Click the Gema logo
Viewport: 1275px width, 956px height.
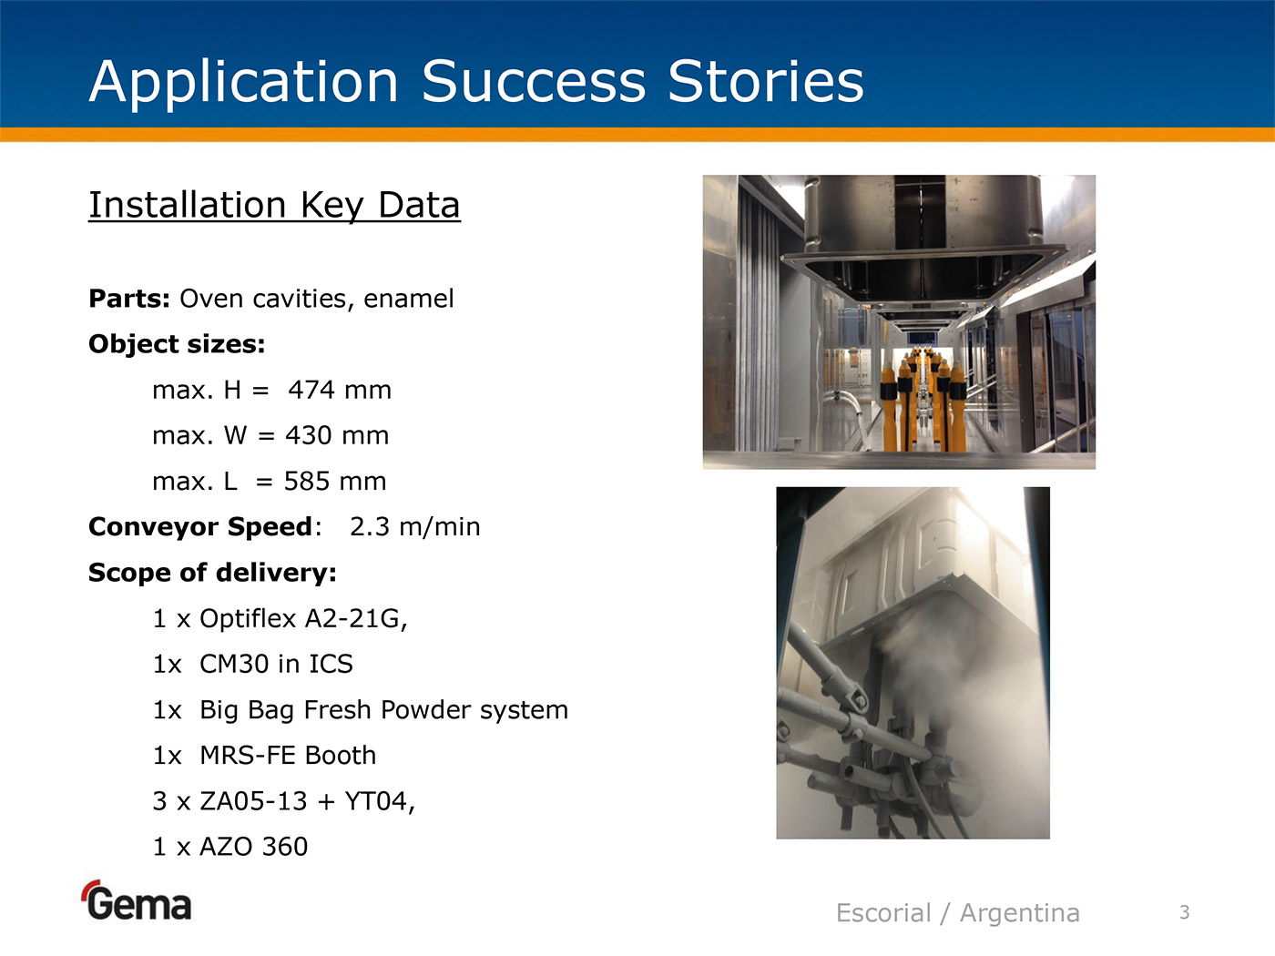(137, 900)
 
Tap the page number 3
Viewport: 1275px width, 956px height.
(1185, 912)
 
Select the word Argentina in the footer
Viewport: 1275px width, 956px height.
(1019, 913)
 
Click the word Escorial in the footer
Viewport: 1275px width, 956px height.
(883, 912)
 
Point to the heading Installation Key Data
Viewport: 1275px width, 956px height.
(274, 206)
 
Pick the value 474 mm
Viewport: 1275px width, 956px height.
(340, 390)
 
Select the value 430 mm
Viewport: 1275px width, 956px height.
(337, 435)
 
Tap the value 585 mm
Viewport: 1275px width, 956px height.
(335, 482)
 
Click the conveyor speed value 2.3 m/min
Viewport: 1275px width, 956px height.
(414, 527)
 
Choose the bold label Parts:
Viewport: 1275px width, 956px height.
(129, 299)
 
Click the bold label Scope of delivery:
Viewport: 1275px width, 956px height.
(212, 573)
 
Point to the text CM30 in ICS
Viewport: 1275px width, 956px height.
(276, 664)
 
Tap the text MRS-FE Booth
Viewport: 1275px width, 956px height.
(288, 756)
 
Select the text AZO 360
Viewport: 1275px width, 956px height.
(253, 847)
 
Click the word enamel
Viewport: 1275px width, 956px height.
(408, 299)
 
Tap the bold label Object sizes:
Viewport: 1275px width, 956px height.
(177, 344)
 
